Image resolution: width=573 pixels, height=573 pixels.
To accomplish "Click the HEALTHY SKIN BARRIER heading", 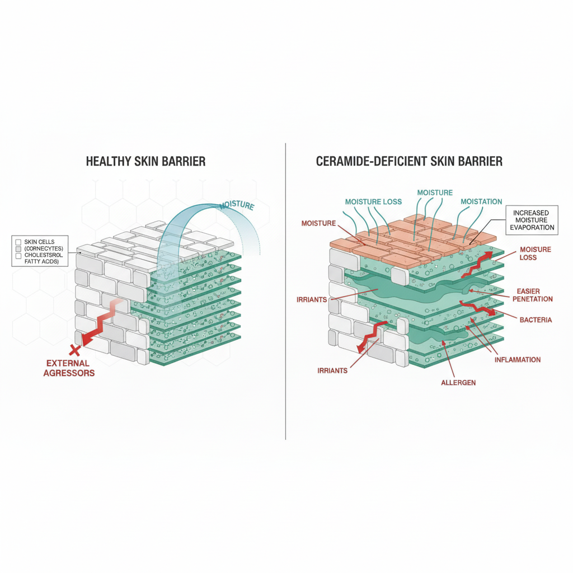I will pyautogui.click(x=145, y=162).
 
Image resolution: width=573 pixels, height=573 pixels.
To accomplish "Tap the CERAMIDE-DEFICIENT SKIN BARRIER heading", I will pyautogui.click(x=409, y=162).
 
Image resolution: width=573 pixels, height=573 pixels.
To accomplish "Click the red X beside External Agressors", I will pyautogui.click(x=73, y=351).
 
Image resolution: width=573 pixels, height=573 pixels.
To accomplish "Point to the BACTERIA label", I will pyautogui.click(x=536, y=320).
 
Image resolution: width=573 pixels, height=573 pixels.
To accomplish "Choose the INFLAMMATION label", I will pyautogui.click(x=518, y=359).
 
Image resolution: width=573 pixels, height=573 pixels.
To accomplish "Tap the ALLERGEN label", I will pyautogui.click(x=458, y=382).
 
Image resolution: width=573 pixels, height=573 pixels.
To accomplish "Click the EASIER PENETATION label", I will pyautogui.click(x=534, y=295).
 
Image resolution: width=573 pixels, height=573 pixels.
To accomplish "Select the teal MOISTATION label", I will pyautogui.click(x=481, y=201).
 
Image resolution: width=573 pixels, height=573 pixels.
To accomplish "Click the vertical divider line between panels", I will pyautogui.click(x=285, y=291).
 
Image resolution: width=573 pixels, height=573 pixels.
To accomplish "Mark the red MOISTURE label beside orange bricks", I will pyautogui.click(x=318, y=223).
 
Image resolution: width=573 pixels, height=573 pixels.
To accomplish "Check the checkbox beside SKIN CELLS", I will pyautogui.click(x=18, y=242).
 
